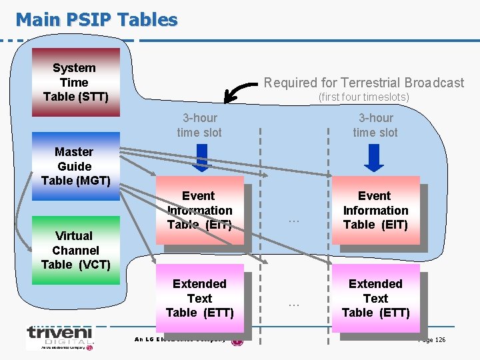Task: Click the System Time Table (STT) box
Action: (75, 82)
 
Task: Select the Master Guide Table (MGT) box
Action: (75, 167)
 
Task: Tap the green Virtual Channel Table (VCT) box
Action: (75, 249)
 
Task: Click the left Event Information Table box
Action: (199, 210)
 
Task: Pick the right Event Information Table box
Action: (375, 210)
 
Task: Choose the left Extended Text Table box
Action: (199, 298)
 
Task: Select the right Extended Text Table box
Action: (375, 298)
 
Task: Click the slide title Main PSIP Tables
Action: (97, 19)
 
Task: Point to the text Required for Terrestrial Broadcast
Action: (364, 83)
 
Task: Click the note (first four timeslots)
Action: (363, 97)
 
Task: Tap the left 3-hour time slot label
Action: (199, 125)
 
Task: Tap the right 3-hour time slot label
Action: (375, 125)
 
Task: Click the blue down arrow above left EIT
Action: (199, 158)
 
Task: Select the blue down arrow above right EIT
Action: (375, 158)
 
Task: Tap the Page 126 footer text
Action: (431, 340)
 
